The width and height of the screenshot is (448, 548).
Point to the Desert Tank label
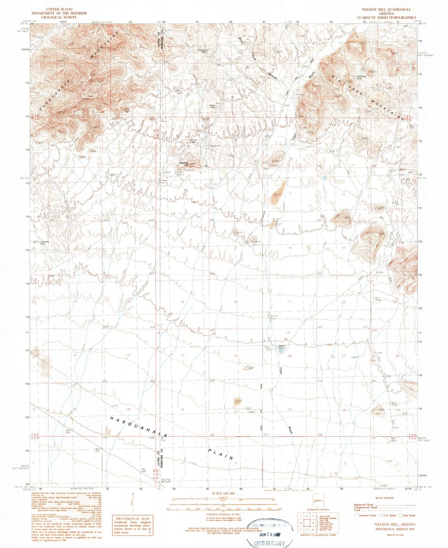pyautogui.click(x=282, y=347)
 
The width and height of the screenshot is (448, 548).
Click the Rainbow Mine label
pyautogui.click(x=194, y=140)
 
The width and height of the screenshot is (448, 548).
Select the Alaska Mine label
pyautogui.click(x=213, y=106)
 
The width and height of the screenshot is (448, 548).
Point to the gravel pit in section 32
pyautogui.click(x=237, y=401)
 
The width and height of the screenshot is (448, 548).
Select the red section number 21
pyautogui.click(x=290, y=301)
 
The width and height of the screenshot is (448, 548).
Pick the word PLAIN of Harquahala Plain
pyautogui.click(x=220, y=453)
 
